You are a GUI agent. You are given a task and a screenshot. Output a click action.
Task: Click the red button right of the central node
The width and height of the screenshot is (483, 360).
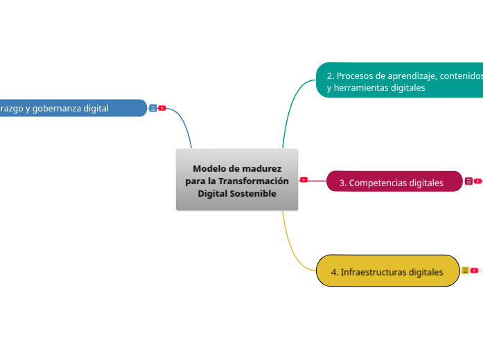tap(304, 180)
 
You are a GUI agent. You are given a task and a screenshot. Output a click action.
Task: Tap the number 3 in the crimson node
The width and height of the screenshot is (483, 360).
tap(342, 183)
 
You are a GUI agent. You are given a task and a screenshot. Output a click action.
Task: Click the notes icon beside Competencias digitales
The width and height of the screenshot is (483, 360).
tap(468, 181)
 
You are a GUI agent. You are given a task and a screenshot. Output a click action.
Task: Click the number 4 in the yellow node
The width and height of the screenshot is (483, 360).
tap(334, 272)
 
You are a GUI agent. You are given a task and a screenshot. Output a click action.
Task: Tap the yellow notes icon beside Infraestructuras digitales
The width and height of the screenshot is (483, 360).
tap(465, 271)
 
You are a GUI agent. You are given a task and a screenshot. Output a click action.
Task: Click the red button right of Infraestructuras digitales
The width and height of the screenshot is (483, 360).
tap(475, 271)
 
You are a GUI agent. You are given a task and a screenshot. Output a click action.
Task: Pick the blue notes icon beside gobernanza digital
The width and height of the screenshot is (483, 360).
tap(152, 108)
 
